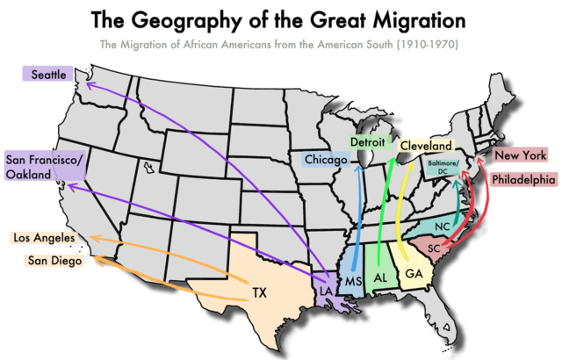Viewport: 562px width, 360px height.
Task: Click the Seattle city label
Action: click(x=49, y=76)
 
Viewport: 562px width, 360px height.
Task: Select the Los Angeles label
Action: click(x=45, y=238)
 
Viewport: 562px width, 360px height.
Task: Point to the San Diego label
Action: click(x=54, y=260)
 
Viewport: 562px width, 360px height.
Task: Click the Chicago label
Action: click(x=328, y=160)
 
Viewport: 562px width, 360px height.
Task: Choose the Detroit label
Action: click(x=368, y=141)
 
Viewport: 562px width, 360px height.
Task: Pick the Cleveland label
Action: click(x=428, y=145)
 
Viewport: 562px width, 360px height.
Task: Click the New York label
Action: click(x=520, y=156)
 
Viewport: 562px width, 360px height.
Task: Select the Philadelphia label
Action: click(x=523, y=179)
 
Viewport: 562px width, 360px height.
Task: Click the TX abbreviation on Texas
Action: click(x=259, y=292)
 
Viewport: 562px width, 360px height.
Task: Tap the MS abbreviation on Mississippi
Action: click(x=353, y=281)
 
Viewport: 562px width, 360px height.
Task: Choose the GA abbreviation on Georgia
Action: click(x=413, y=274)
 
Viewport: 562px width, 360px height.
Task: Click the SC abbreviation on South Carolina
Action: click(x=434, y=248)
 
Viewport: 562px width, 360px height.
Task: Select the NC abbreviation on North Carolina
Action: click(x=442, y=225)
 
